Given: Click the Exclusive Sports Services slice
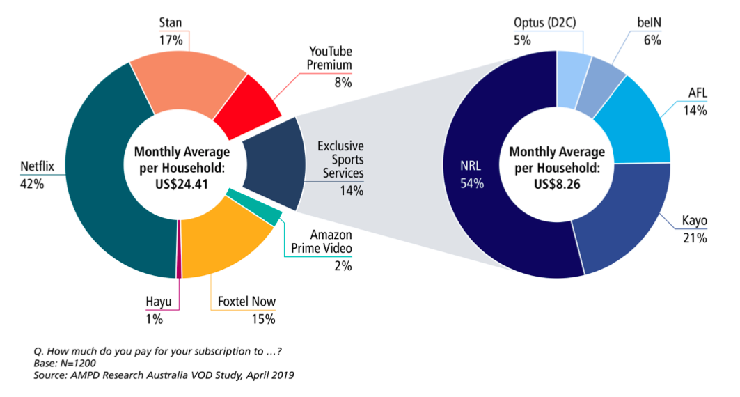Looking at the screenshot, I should coord(271,164).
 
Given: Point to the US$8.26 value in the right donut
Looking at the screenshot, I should coord(557,184).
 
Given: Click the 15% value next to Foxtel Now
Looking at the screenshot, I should coord(264,319).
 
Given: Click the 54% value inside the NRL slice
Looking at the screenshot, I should coord(470,184).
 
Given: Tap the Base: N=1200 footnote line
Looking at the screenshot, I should coord(64,363).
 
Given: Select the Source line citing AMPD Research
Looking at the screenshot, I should coord(164,376).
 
